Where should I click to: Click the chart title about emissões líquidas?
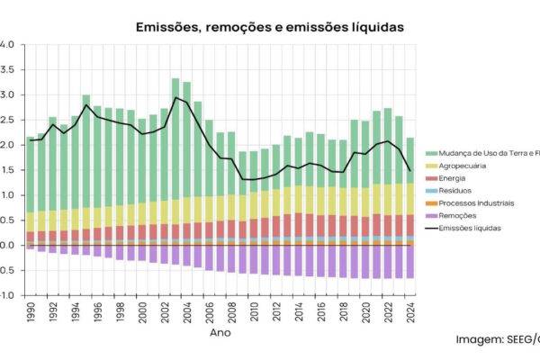tap(270, 28)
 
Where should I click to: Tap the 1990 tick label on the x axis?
tap(31, 312)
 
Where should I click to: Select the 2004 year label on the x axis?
tap(187, 312)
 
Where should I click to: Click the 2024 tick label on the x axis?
tap(410, 312)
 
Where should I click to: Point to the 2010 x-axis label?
tap(254, 312)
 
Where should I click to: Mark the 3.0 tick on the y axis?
tap(7, 94)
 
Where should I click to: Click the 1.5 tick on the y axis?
tap(7, 170)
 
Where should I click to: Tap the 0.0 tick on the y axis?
tap(7, 245)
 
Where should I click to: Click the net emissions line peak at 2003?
tap(176, 97)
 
